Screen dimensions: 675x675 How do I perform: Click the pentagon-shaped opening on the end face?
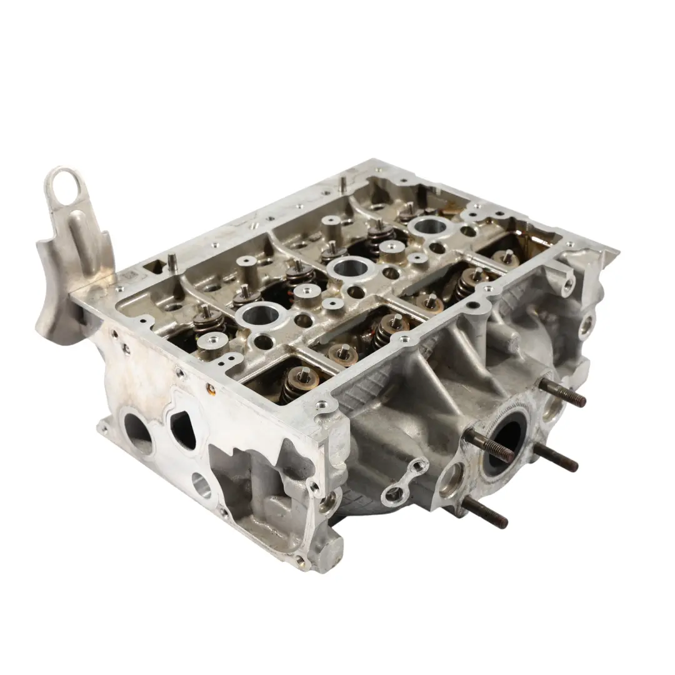[x=183, y=429]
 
